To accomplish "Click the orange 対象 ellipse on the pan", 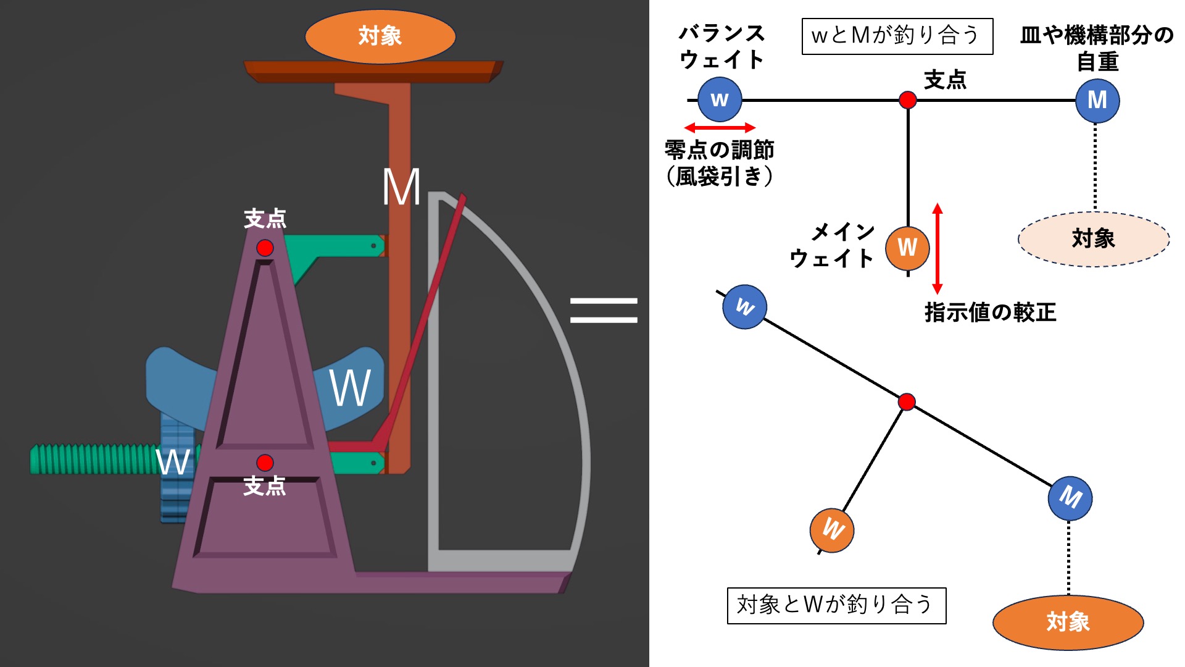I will pyautogui.click(x=380, y=36).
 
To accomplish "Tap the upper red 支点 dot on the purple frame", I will pyautogui.click(x=265, y=248).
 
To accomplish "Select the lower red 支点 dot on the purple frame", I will pyautogui.click(x=265, y=463).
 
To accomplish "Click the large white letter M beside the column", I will pyautogui.click(x=401, y=187).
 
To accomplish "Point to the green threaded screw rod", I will pyautogui.click(x=93, y=459).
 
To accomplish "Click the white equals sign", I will pyautogui.click(x=603, y=310).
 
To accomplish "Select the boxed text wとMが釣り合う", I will pyautogui.click(x=897, y=36).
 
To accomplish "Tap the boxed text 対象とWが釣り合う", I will pyautogui.click(x=836, y=605).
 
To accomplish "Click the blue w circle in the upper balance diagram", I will pyautogui.click(x=720, y=99).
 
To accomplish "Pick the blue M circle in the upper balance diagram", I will pyautogui.click(x=1097, y=100).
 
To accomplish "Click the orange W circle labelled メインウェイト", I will pyautogui.click(x=907, y=248).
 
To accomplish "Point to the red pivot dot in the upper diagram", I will pyautogui.click(x=907, y=99).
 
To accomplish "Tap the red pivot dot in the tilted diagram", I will pyautogui.click(x=906, y=402).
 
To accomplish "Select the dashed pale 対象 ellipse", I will pyautogui.click(x=1093, y=239).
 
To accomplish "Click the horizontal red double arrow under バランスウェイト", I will pyautogui.click(x=720, y=128).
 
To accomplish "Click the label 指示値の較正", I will pyautogui.click(x=990, y=313).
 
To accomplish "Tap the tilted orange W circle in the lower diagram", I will pyautogui.click(x=831, y=530).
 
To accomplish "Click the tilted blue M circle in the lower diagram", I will pyautogui.click(x=1070, y=498).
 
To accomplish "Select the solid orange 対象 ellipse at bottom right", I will pyautogui.click(x=1068, y=622).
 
